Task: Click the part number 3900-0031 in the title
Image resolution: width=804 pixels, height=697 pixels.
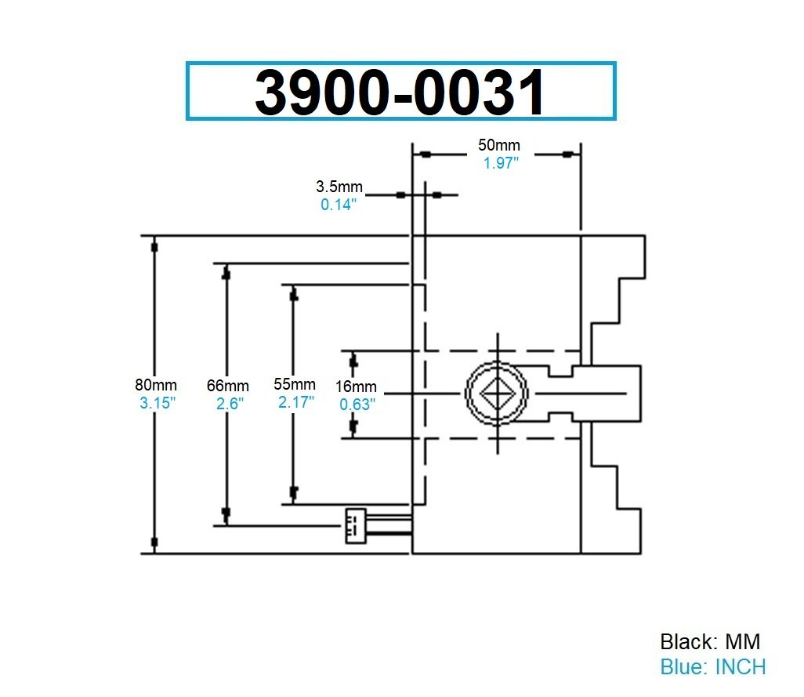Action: tap(400, 92)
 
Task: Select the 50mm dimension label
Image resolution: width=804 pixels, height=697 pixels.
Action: tap(499, 146)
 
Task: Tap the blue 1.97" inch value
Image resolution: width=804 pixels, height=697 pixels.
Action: tap(499, 163)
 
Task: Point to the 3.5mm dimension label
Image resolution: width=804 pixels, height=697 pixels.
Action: tap(339, 187)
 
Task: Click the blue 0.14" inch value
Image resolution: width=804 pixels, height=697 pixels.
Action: tap(339, 205)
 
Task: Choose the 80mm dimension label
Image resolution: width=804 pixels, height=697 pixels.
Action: tap(156, 385)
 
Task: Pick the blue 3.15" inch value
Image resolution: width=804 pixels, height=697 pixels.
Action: tap(157, 403)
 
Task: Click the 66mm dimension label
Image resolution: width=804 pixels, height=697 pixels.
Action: tap(228, 386)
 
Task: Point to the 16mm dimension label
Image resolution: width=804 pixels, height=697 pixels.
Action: tap(357, 387)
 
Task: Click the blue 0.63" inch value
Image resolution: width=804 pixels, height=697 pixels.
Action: tap(357, 405)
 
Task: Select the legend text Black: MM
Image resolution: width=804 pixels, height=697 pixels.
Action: tap(710, 642)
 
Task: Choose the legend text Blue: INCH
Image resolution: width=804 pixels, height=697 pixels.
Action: tap(712, 667)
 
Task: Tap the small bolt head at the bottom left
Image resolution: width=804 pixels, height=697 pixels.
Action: tap(354, 525)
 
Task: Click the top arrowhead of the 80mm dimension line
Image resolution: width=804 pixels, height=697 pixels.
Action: tap(154, 246)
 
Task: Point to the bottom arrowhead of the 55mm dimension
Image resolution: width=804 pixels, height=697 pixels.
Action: tap(293, 492)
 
